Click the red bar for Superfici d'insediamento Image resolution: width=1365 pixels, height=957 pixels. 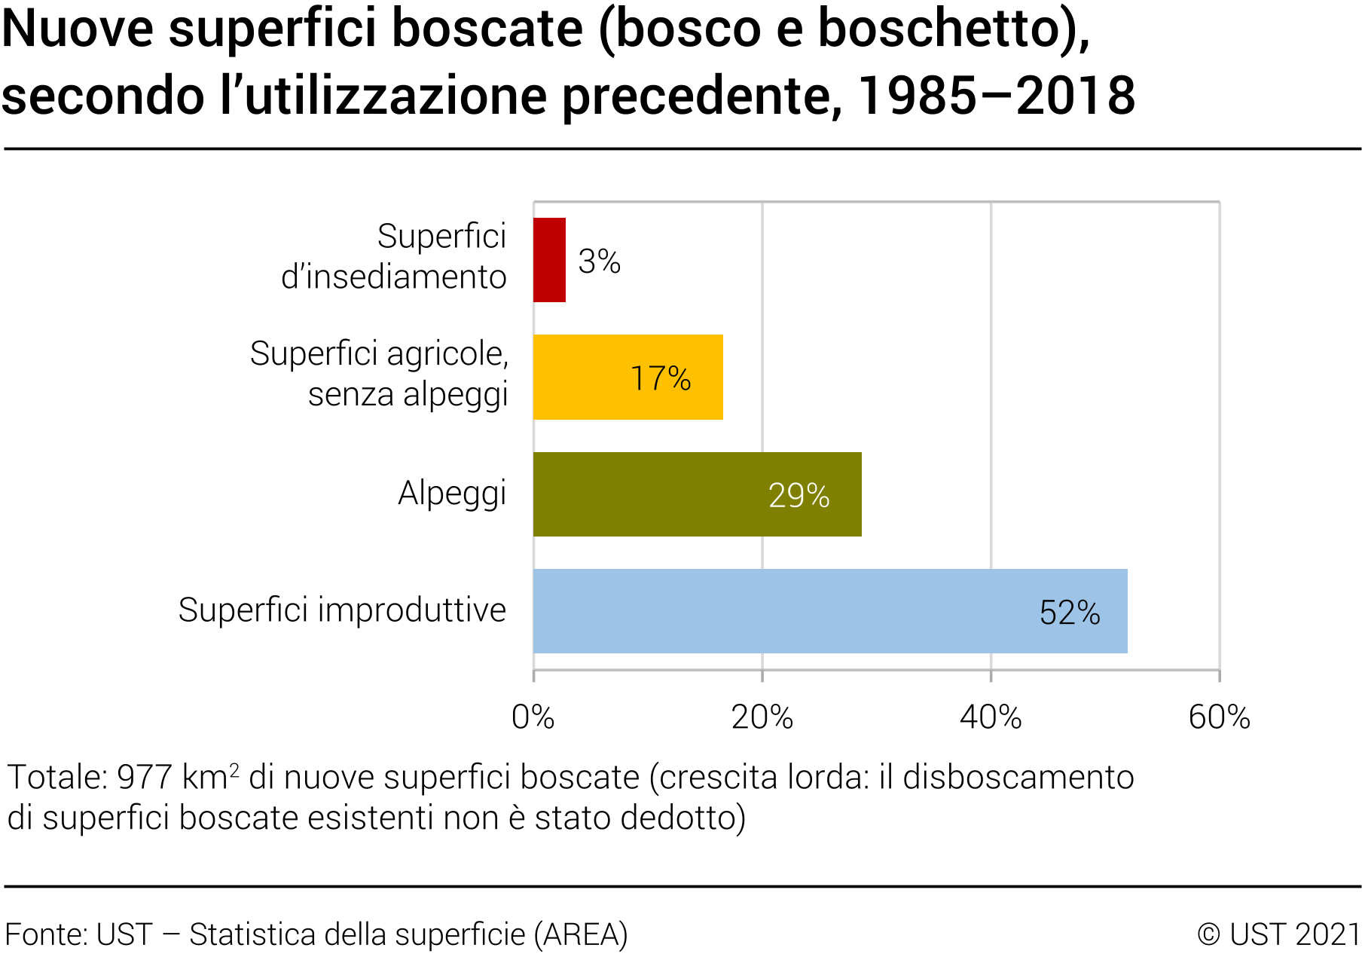[x=549, y=260]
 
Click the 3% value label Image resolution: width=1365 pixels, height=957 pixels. [x=599, y=261]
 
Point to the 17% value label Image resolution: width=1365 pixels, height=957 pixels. [x=661, y=378]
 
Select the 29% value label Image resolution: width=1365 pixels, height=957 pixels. [x=799, y=496]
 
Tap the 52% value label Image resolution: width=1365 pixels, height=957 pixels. [x=1070, y=613]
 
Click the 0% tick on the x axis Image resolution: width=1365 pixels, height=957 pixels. [x=533, y=717]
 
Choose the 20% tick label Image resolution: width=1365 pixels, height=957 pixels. [x=762, y=717]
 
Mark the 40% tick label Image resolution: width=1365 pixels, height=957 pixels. [x=991, y=717]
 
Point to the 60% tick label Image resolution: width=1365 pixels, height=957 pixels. [x=1219, y=717]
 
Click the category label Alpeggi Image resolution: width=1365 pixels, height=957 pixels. [x=452, y=494]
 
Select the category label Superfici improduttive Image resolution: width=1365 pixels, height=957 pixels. [x=342, y=610]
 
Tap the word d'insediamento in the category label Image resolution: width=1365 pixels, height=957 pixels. [x=393, y=277]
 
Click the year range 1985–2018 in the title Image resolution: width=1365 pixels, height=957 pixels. [x=996, y=96]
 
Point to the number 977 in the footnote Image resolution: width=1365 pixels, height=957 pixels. [x=144, y=778]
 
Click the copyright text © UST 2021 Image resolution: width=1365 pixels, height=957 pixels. [x=1278, y=934]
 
